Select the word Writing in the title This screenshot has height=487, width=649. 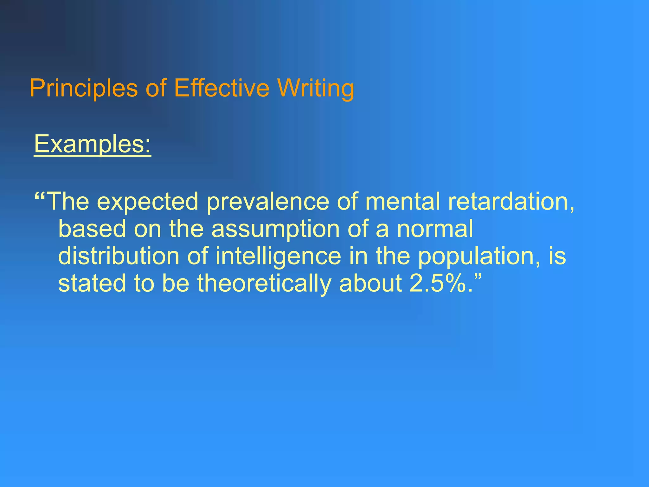(316, 88)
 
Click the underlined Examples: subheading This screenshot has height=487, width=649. (93, 144)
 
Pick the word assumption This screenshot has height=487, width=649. (276, 229)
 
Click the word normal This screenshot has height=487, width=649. (435, 229)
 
